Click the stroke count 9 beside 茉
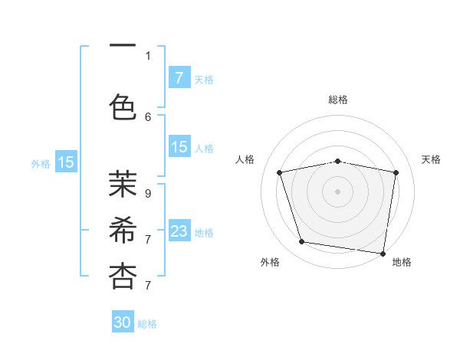point(147,193)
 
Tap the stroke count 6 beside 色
point(148,116)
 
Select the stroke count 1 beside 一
point(148,55)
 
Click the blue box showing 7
point(179,78)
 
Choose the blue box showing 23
point(179,231)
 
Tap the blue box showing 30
point(123,322)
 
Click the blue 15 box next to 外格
point(66,162)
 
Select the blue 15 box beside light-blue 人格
point(179,147)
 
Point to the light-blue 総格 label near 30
point(147,324)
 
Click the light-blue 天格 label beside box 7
point(204,79)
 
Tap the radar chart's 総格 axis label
point(338,100)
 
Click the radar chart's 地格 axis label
point(402,262)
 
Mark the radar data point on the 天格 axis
point(396,172)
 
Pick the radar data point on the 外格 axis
point(302,242)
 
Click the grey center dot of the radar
point(338,191)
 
